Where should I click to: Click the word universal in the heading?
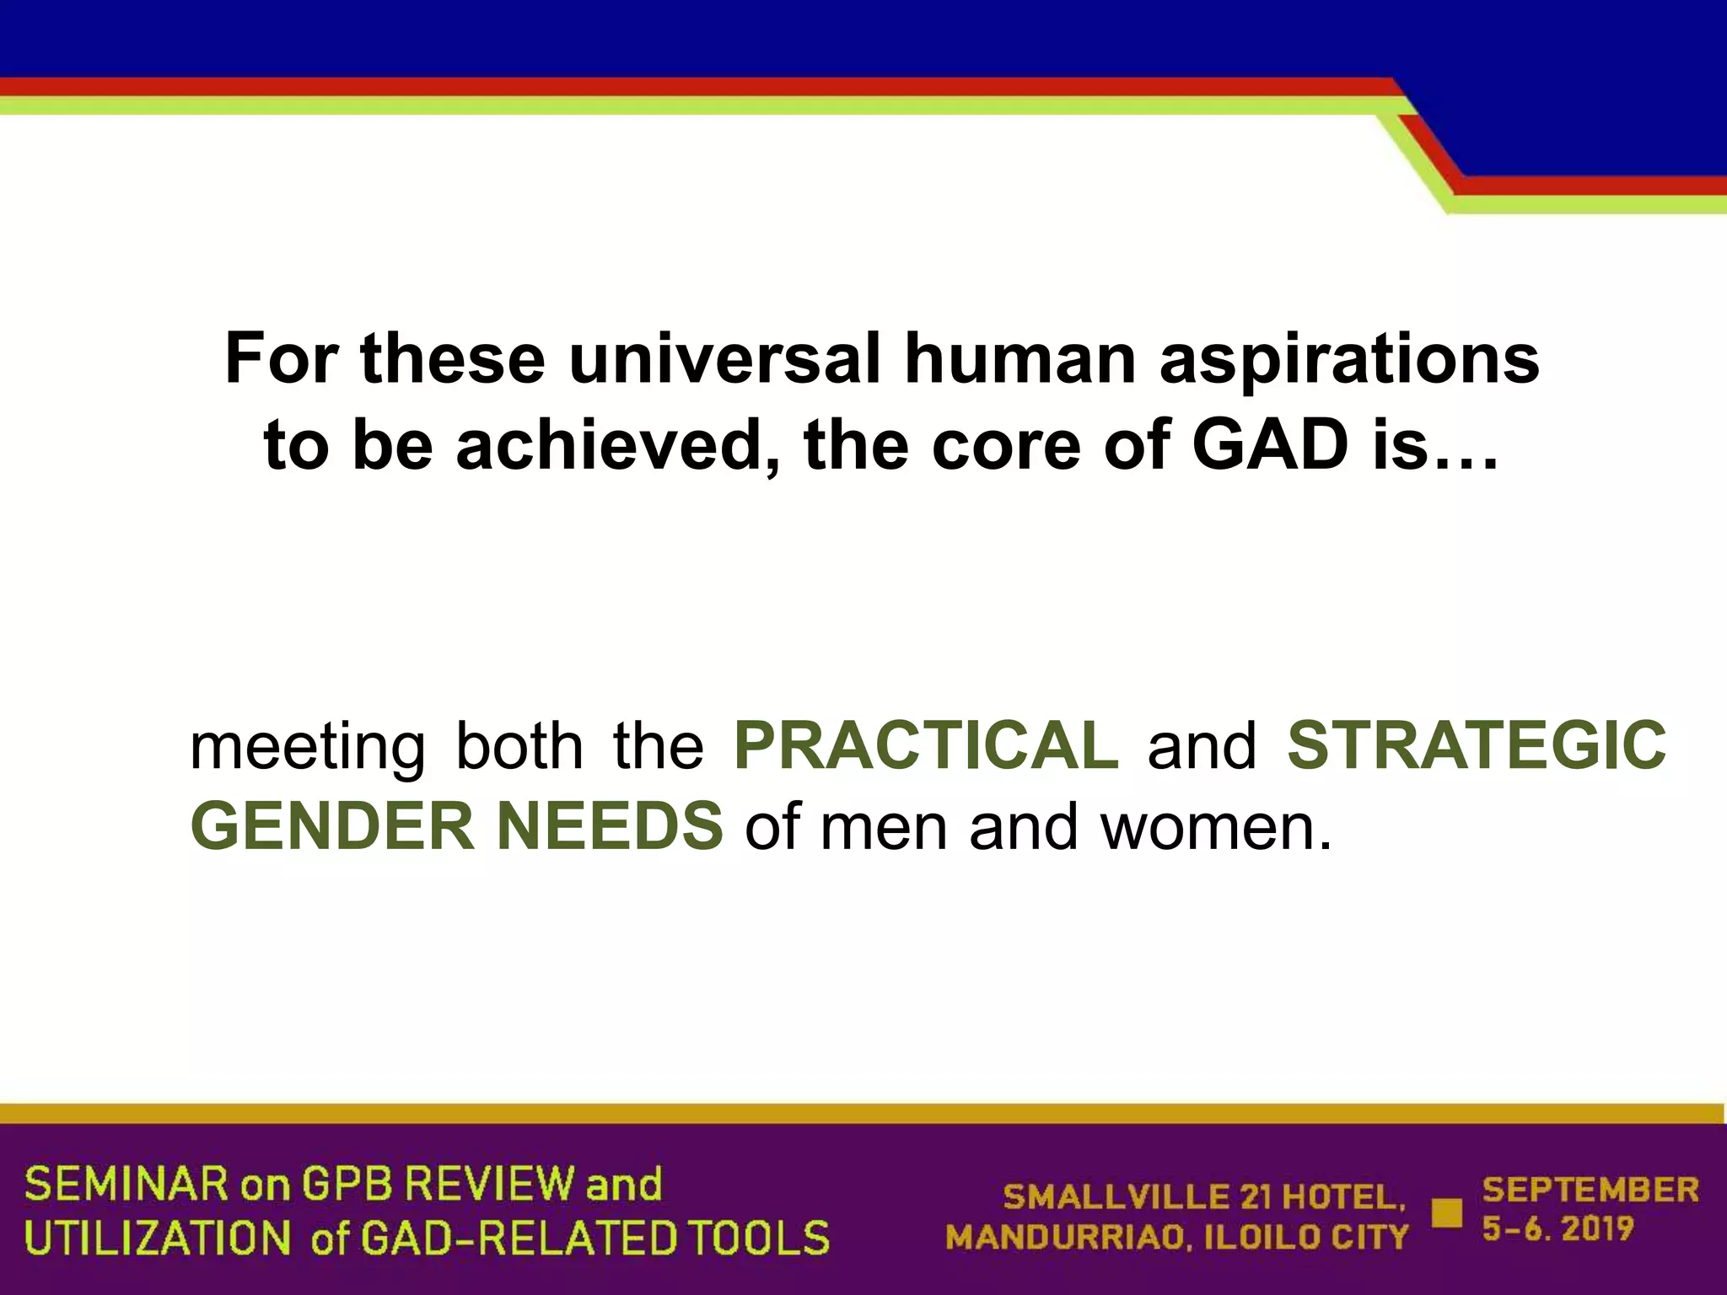724,358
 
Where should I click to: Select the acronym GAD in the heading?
1270,445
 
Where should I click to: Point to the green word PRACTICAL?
926,745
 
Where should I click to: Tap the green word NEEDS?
610,826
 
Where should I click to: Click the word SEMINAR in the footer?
126,1185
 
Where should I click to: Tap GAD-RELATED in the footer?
519,1238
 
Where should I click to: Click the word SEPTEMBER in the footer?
1590,1190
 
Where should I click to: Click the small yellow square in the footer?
1447,1212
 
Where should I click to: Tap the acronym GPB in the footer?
347,1185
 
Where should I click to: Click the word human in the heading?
1020,358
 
